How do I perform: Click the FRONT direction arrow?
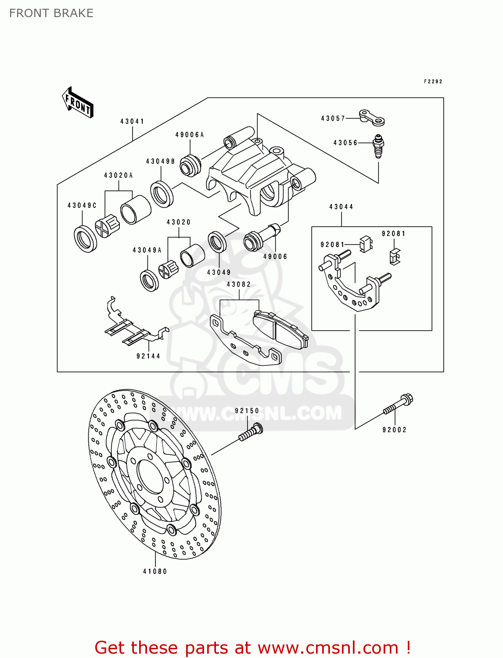[78, 103]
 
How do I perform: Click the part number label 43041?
[132, 121]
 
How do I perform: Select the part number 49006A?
[190, 135]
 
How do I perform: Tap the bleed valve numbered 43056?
[378, 145]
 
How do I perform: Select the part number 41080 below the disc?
[155, 571]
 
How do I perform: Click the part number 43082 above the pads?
[239, 284]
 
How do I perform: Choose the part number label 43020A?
[119, 175]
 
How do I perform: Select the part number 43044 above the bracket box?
[341, 207]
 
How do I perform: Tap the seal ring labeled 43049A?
[149, 281]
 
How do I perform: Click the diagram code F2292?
[433, 82]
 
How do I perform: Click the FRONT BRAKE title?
[51, 13]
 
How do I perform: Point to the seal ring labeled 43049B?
[162, 193]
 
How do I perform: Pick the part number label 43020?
[179, 222]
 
